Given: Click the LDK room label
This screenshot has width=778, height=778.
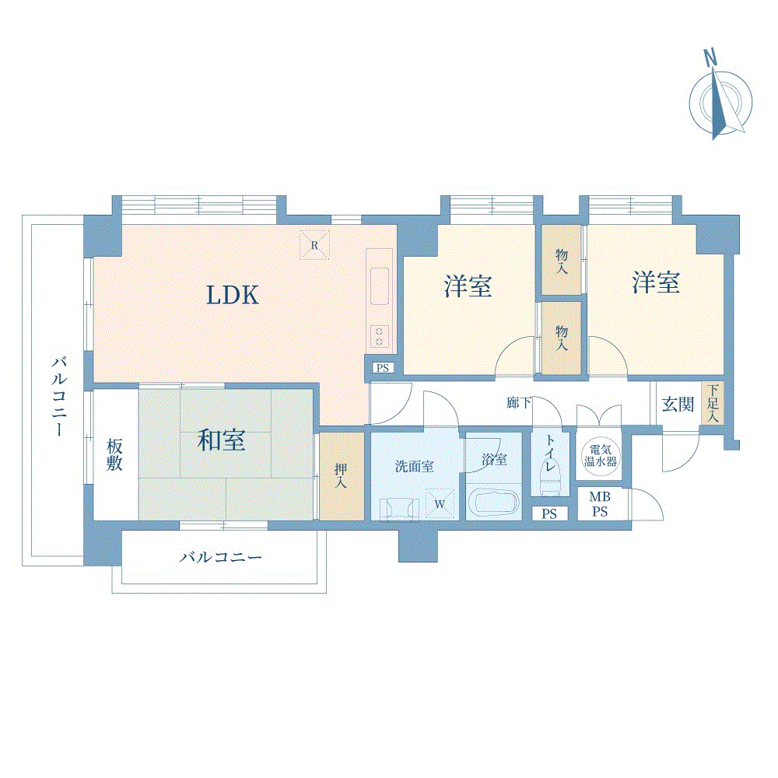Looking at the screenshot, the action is (x=232, y=295).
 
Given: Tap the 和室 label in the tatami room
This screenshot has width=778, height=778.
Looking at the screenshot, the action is (x=221, y=440).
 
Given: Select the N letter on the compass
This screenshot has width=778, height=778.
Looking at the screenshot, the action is (x=710, y=58).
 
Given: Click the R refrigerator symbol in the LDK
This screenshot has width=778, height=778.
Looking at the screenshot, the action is (x=314, y=244).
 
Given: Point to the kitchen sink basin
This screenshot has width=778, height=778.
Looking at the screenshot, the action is (x=379, y=286).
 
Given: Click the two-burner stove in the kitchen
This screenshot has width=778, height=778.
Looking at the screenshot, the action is (x=379, y=336).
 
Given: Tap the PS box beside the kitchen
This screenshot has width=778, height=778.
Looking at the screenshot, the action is (x=383, y=368).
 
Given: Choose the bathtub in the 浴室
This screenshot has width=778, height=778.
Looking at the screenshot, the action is (x=494, y=503).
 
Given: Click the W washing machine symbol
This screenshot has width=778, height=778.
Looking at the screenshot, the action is (x=440, y=503).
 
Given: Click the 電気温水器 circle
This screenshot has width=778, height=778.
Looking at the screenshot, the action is (x=601, y=455).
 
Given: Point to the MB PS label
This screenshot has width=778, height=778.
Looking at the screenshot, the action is (x=600, y=504).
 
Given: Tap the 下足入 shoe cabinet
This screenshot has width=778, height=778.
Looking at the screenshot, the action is (x=713, y=402).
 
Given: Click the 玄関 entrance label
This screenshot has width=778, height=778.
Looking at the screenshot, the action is (x=678, y=405).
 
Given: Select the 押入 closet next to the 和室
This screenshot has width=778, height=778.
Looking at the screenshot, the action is (x=342, y=476).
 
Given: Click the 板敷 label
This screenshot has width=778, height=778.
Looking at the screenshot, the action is (x=114, y=455).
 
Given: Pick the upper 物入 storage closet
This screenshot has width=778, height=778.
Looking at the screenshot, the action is (x=561, y=261).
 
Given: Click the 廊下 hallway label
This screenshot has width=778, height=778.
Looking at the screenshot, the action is (x=518, y=402).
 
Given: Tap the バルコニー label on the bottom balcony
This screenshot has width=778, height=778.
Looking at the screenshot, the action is (x=221, y=557).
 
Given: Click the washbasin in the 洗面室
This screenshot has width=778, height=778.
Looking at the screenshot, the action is (x=399, y=509).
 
